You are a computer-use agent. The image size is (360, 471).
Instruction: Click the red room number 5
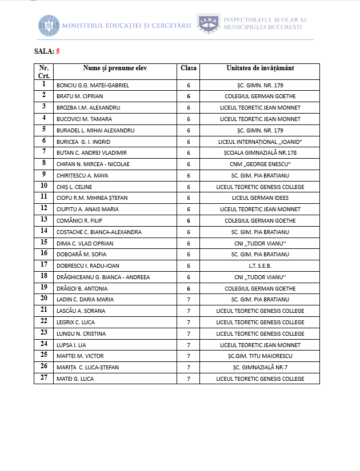[x=58, y=51]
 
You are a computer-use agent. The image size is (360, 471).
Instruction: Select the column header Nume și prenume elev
[x=115, y=68]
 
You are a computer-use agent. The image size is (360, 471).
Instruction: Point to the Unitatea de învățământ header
[x=260, y=68]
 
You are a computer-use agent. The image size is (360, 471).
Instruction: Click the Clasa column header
[x=189, y=68]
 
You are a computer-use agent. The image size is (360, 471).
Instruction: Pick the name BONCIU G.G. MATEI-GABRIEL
[x=93, y=85]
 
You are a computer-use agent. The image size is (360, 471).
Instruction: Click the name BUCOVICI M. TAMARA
[x=84, y=119]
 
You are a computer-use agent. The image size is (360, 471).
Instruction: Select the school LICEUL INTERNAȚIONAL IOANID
[x=260, y=142]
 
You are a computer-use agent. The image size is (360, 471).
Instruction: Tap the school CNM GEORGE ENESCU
[x=260, y=164]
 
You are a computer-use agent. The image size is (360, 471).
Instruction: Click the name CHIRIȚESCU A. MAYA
[x=82, y=175]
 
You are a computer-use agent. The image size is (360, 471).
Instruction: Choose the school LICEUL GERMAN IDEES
[x=260, y=198]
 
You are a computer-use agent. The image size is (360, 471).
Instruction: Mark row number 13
[x=43, y=220]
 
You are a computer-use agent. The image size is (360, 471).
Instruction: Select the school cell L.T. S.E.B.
[x=260, y=265]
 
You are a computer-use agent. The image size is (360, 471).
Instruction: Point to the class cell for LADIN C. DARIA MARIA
[x=189, y=299]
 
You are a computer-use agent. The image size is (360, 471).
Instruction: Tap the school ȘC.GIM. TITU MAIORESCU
[x=260, y=356]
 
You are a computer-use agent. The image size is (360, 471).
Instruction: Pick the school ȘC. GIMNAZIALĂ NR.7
[x=260, y=367]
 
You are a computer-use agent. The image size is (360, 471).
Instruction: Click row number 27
[x=43, y=378]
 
